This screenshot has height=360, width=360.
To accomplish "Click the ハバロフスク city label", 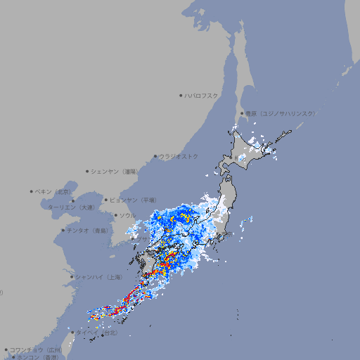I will click(x=202, y=95).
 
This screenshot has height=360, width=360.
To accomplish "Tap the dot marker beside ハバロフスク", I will click(x=181, y=95).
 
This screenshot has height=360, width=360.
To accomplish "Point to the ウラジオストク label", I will click(x=179, y=156).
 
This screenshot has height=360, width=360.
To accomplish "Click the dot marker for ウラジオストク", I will click(x=155, y=157).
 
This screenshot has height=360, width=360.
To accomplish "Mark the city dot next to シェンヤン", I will click(x=88, y=171).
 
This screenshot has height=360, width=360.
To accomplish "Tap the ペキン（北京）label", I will click(x=54, y=191).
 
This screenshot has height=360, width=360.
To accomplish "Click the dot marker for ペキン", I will click(x=32, y=191).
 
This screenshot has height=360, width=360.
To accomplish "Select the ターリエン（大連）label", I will click(x=71, y=208).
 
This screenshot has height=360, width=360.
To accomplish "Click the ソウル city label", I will click(x=128, y=215).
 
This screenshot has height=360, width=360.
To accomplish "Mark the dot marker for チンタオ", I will click(x=63, y=230).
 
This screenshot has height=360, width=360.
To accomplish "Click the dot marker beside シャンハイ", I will click(x=72, y=276).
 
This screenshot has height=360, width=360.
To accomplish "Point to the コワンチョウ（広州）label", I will click(x=36, y=349).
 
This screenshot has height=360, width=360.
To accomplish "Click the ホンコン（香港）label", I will click(x=38, y=357).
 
